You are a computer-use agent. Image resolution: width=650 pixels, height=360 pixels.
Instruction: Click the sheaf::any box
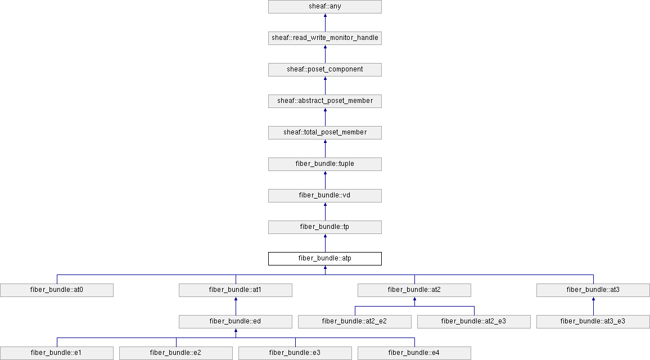tap(325, 7)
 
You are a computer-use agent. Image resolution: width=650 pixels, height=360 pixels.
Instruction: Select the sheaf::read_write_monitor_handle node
tap(325, 38)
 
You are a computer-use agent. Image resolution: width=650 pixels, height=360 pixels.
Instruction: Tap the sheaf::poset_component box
tap(325, 70)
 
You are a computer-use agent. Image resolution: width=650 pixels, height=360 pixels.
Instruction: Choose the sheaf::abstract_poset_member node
tap(325, 101)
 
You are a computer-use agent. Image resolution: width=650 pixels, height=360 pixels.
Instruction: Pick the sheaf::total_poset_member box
tap(325, 133)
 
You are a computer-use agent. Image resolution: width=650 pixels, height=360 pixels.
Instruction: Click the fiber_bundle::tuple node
tap(325, 164)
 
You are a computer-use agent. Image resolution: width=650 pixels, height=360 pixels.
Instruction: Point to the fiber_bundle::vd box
tap(325, 196)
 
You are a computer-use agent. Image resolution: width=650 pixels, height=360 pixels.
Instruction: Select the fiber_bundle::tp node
tap(325, 227)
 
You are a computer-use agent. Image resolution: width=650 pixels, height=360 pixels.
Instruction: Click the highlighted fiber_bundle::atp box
tap(325, 259)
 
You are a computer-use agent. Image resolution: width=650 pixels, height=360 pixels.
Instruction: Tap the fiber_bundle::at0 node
tap(57, 290)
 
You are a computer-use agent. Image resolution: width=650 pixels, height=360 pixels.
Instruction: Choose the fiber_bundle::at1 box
tap(236, 290)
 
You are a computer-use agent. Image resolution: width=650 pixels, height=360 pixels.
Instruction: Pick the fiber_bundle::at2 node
tap(414, 290)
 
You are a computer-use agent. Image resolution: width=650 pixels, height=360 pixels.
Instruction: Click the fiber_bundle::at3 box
tap(593, 290)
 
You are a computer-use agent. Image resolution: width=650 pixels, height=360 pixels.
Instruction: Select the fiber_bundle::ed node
tap(236, 322)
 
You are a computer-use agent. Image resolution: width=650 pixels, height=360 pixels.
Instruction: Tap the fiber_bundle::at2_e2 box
tap(355, 322)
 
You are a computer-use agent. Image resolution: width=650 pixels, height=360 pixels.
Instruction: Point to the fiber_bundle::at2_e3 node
tap(474, 322)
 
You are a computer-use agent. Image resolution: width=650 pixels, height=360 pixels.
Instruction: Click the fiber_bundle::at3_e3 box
tap(593, 322)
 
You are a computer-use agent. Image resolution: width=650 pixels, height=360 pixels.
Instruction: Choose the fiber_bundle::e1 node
tap(57, 353)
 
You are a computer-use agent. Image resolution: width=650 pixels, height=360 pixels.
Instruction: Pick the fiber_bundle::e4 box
tap(414, 353)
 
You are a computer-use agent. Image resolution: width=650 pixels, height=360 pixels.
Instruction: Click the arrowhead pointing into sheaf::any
tap(325, 16)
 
